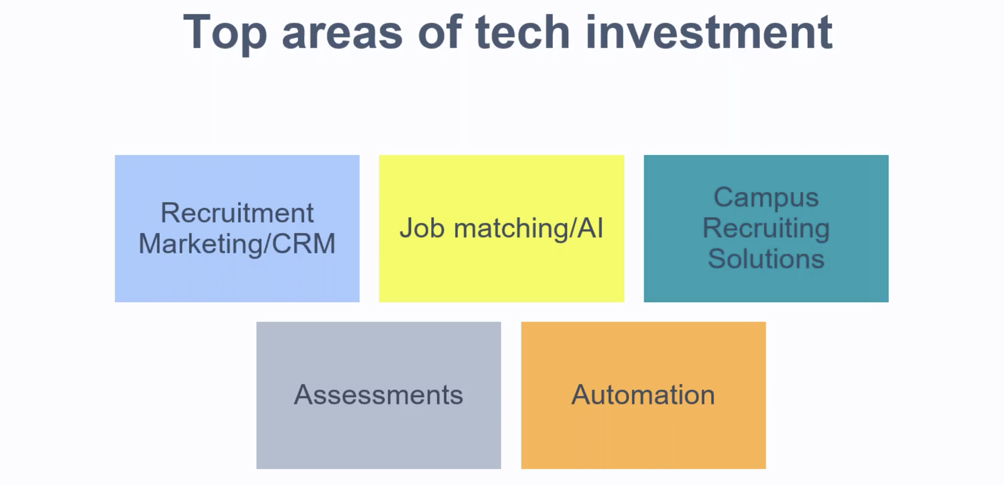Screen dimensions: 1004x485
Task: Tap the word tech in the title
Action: click(523, 32)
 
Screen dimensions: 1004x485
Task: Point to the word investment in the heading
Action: click(709, 32)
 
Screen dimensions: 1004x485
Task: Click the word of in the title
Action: click(440, 32)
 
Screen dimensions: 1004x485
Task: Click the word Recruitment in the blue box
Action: click(237, 213)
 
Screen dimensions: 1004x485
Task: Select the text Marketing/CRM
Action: click(237, 244)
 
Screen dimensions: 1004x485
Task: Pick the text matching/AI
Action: click(528, 229)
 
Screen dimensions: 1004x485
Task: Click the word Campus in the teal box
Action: click(766, 198)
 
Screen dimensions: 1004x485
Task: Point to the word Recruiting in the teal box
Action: click(766, 229)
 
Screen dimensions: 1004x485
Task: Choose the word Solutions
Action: click(766, 258)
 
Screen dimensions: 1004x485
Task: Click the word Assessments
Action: click(379, 395)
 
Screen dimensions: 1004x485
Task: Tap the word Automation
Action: click(643, 395)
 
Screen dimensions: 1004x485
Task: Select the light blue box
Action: click(237, 229)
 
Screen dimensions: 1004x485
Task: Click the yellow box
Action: click(502, 229)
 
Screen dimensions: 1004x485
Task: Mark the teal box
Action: click(766, 229)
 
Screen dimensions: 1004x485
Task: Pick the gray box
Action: click(379, 395)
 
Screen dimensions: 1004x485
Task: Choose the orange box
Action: click(643, 395)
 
